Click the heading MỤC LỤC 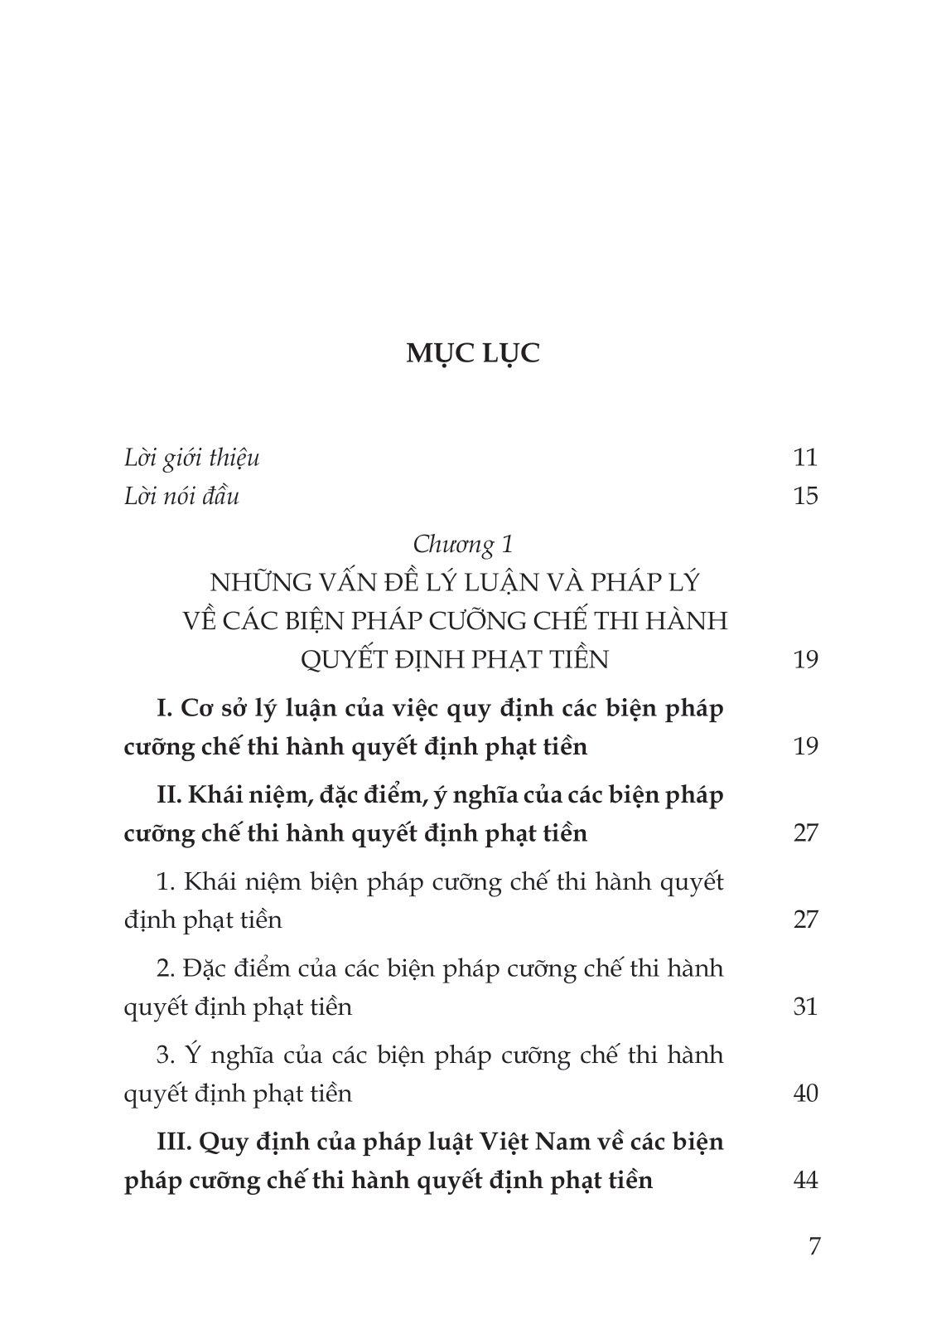coord(473,353)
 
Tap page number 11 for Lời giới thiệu coord(805,458)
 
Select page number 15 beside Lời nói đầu coord(805,496)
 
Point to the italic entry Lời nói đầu coord(181,496)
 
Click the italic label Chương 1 coord(463,544)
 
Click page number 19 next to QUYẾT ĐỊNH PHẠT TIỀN coord(805,659)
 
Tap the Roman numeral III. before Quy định coord(174,1142)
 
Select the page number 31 coord(805,1007)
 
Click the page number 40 coord(805,1094)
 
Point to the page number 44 coord(805,1180)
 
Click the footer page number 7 coord(814,1246)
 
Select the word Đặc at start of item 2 coord(208,968)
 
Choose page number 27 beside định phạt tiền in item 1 coord(805,919)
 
